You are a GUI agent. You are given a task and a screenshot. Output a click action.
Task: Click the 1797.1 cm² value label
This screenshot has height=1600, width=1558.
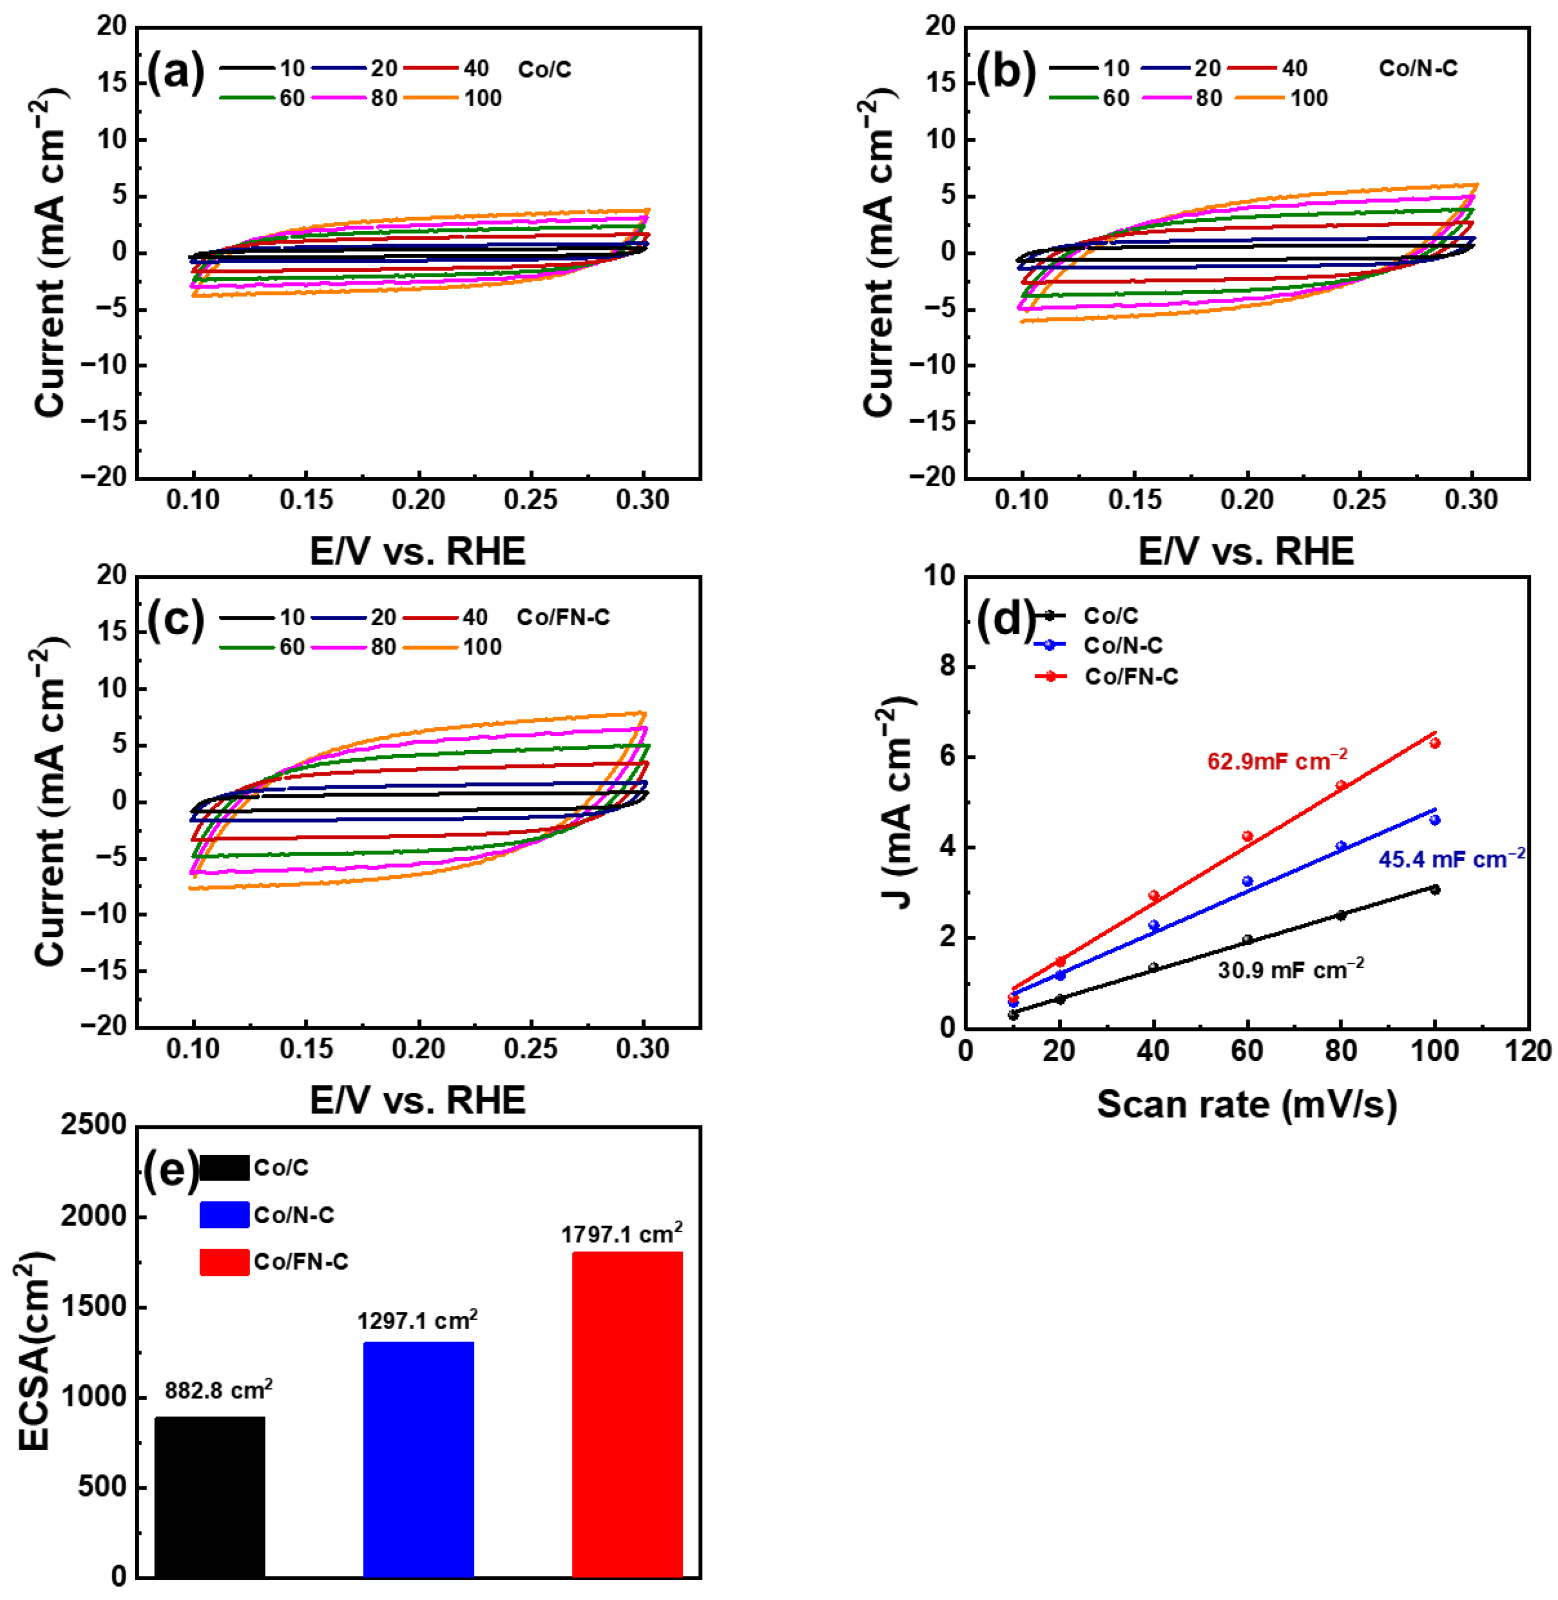621,1234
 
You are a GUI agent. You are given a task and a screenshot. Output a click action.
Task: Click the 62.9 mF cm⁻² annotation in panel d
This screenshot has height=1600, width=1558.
1276,761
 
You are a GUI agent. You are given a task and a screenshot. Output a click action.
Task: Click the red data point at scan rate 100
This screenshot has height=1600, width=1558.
1435,743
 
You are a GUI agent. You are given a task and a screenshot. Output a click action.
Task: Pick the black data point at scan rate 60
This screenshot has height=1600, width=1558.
1247,940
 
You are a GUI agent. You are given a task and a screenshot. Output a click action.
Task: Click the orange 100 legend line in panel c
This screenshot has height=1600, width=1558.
431,647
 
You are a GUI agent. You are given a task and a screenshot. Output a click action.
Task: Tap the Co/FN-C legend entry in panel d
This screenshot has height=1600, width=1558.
1131,677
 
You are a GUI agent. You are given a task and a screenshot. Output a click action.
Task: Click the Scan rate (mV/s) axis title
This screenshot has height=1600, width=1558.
1246,1104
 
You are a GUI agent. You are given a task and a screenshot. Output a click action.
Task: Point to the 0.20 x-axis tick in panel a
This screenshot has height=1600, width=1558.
418,500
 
